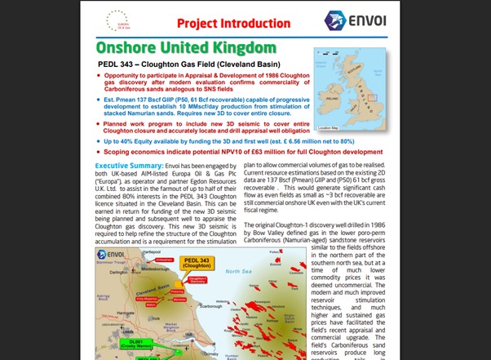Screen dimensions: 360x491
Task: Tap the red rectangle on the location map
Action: [372, 99]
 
